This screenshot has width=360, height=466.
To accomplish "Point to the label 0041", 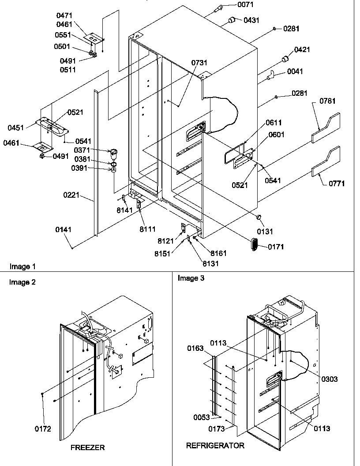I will point(295,71).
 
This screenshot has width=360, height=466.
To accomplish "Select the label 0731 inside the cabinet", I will point(199,64).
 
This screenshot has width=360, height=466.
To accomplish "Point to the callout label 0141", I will point(64,229).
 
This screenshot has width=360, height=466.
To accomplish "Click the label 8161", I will point(218,253).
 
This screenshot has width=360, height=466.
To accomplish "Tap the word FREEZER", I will point(87,447).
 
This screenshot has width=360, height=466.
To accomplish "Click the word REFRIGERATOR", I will point(215,446).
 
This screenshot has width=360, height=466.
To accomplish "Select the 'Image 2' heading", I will point(22,282).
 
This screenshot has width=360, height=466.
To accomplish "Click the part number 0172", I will point(44,428).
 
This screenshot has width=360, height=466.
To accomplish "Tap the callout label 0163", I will point(195,349).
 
